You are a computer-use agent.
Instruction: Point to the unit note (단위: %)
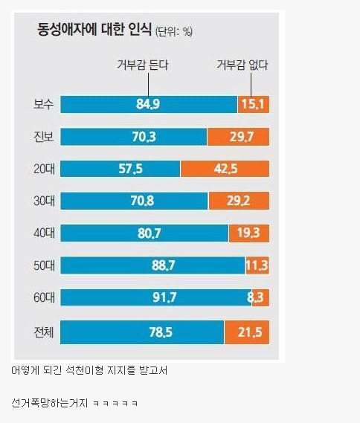(x=173, y=31)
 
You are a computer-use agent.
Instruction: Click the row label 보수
(x=36, y=104)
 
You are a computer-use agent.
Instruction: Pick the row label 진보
(x=36, y=137)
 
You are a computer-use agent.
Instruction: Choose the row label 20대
(x=36, y=169)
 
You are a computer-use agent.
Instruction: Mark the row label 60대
(x=36, y=297)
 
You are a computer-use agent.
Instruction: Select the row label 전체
(x=36, y=331)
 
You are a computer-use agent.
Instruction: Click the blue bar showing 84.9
(x=148, y=104)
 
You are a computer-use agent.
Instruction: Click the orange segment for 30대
(x=239, y=201)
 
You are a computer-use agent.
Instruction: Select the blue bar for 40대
(x=144, y=233)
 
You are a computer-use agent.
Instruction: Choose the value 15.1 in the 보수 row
(x=253, y=104)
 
